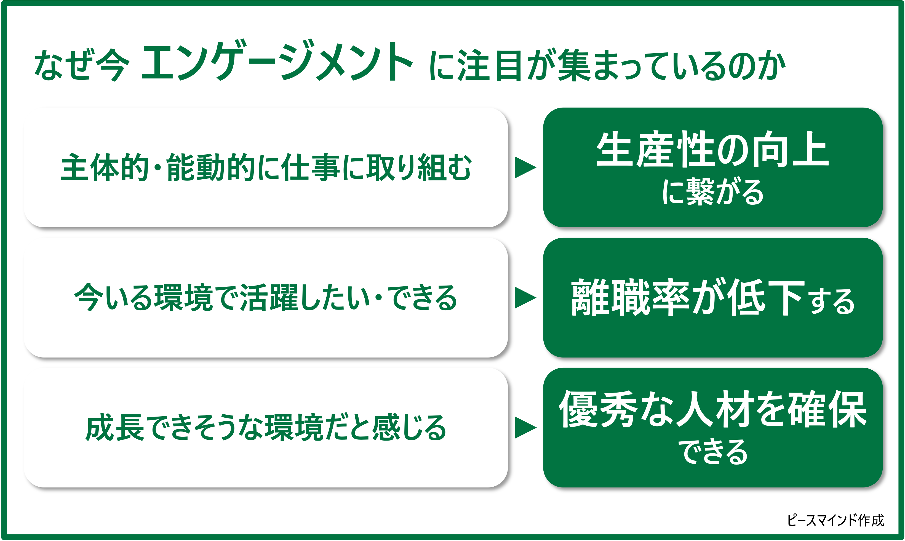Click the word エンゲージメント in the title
pyautogui.click(x=277, y=61)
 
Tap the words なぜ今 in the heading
pyautogui.click(x=82, y=65)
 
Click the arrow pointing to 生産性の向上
pyautogui.click(x=525, y=168)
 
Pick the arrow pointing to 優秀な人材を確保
pyautogui.click(x=525, y=428)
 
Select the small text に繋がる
pyautogui.click(x=712, y=192)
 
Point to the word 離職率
pyautogui.click(x=630, y=297)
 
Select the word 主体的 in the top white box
pyautogui.click(x=105, y=167)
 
